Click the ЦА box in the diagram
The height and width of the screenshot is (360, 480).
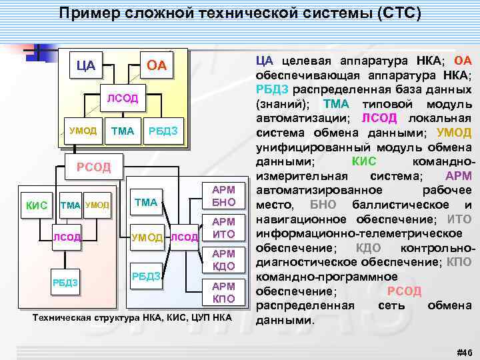coord(85,65)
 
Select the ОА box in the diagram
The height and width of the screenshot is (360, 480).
coord(156,65)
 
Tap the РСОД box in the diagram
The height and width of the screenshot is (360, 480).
coord(93,167)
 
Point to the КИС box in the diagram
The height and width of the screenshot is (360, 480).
coord(36,205)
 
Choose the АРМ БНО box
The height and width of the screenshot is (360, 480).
coord(223,196)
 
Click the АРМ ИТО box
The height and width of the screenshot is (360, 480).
coord(223,228)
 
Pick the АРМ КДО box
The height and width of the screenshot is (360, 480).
coord(223,260)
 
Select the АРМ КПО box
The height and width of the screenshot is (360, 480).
coord(223,292)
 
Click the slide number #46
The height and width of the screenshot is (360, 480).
coord(461,352)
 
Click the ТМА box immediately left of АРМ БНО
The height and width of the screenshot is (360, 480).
coord(145,201)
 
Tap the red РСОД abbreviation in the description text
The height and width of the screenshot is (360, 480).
coord(404,291)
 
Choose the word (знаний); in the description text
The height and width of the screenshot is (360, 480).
coord(283,104)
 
